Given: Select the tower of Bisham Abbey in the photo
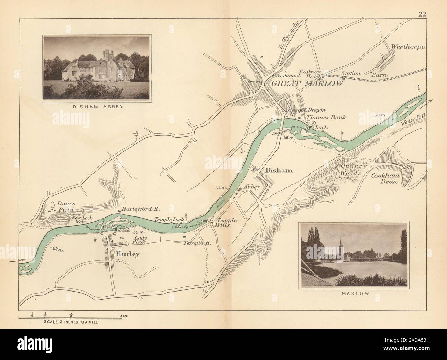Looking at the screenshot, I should coord(108,55).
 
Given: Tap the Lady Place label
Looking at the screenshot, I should coord(141,240).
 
